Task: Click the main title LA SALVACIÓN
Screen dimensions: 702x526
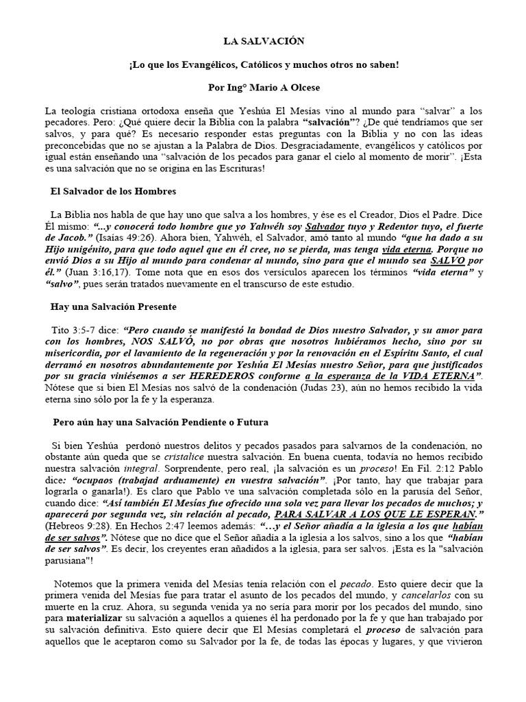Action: pyautogui.click(x=263, y=41)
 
